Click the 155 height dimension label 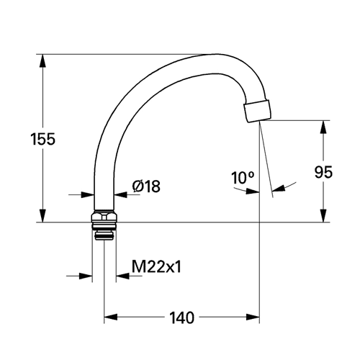click(43, 139)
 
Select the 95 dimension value click(323, 172)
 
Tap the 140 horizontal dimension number click(181, 318)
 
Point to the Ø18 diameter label click(146, 186)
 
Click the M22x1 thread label click(156, 267)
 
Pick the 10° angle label click(243, 178)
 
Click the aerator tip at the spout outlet click(258, 112)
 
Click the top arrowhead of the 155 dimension click(42, 60)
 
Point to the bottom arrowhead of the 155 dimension click(42, 216)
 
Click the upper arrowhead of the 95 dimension click(323, 127)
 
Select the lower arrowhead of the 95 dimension click(323, 216)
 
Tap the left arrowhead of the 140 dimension click(111, 317)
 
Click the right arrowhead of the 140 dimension click(253, 317)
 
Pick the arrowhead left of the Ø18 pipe click(87, 194)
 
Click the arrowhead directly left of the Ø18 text click(120, 194)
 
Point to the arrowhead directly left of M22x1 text click(122, 276)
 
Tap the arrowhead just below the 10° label click(253, 191)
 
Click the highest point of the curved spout click(217, 54)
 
